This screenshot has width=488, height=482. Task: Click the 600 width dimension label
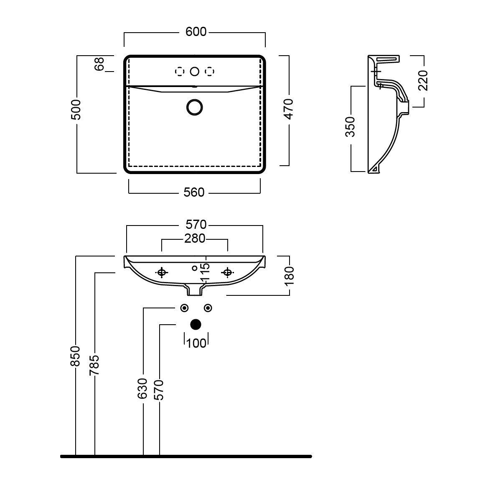point(196,32)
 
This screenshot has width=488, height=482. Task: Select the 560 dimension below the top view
point(194,192)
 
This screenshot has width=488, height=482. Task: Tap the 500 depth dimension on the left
point(76,110)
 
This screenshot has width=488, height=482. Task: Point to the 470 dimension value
point(289,109)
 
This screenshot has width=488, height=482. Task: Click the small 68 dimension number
point(99,64)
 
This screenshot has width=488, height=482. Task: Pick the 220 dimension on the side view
point(423,80)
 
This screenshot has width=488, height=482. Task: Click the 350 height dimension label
point(350,127)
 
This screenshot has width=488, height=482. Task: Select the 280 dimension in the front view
point(195,238)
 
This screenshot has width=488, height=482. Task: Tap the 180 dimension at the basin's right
point(289,276)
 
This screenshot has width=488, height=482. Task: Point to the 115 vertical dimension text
point(205,272)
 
